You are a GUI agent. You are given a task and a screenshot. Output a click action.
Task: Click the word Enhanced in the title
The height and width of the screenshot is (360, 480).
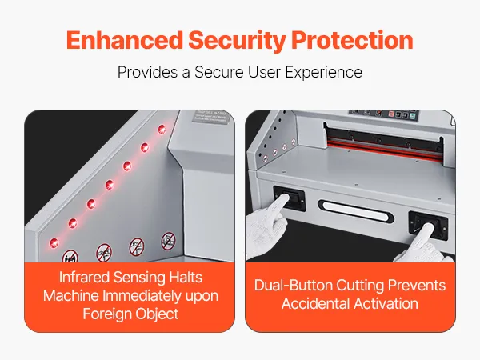point(125,40)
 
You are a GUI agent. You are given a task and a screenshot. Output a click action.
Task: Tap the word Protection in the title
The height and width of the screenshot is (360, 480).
point(352,40)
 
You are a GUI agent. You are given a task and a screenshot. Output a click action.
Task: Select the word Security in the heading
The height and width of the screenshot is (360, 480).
point(238,41)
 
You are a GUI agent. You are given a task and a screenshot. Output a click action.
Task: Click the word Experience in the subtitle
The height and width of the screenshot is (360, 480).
point(323,73)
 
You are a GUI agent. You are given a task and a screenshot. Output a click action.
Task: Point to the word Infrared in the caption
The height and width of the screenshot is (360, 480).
point(84,278)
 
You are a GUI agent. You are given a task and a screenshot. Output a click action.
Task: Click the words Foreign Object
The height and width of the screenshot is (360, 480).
point(130,314)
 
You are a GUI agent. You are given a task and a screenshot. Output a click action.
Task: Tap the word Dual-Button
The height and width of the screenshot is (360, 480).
point(294,286)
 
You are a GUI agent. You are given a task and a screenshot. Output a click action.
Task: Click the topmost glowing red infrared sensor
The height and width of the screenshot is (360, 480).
point(162,129)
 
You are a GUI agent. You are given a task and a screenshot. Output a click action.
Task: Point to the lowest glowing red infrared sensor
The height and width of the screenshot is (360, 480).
point(54,243)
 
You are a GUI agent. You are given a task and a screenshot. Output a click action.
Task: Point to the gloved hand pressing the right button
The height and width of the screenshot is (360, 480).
point(424,245)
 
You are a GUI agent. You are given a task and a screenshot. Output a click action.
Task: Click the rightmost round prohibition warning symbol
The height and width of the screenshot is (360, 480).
point(168,241)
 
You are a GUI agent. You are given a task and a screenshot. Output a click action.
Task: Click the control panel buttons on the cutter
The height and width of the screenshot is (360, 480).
point(384,114)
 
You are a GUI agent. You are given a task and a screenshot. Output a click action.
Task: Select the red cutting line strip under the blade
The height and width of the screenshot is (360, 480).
point(385,150)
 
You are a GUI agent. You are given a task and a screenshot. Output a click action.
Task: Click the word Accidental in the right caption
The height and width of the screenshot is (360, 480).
point(316,304)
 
